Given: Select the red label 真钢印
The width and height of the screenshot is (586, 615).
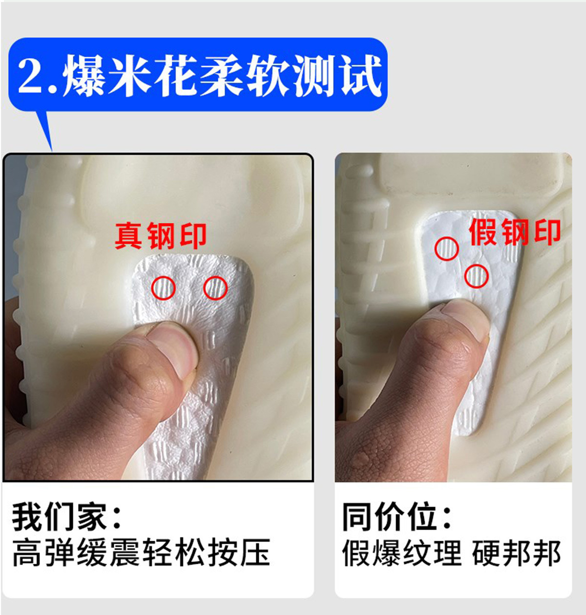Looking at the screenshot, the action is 161,236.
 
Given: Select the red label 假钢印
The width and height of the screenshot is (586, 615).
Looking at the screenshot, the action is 515,232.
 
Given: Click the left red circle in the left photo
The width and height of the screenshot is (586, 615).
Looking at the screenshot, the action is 164,288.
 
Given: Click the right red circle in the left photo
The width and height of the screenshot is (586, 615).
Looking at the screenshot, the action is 215,288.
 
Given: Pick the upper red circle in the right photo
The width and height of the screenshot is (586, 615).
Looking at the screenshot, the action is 447,249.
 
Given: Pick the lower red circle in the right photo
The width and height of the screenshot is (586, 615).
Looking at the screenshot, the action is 477,276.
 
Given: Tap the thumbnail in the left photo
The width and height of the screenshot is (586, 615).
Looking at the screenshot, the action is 175,347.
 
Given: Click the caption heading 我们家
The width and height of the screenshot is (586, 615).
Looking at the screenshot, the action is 66,516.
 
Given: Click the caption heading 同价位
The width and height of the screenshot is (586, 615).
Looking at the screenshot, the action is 397,516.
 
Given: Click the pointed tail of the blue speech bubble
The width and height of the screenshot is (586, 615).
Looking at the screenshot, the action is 52,151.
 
